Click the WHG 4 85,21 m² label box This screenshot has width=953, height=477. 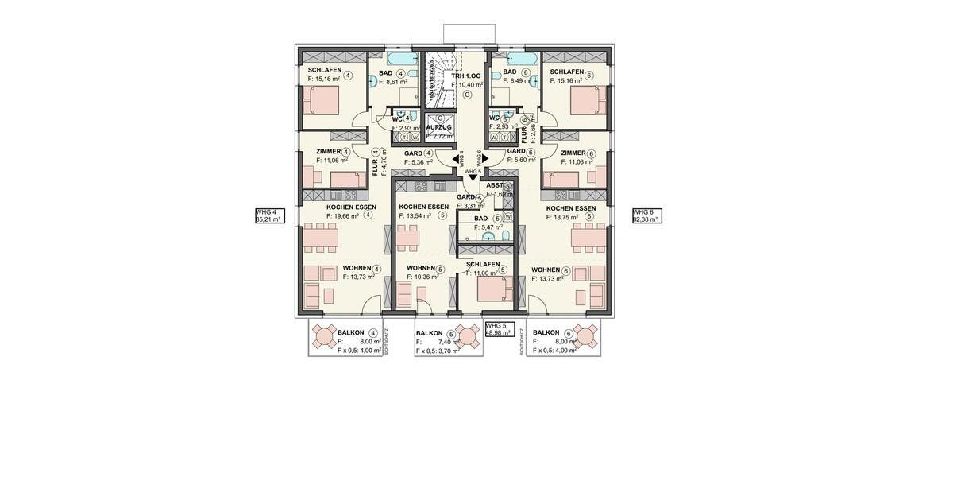[x=267, y=216]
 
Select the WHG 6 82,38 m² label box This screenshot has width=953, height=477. [x=646, y=216]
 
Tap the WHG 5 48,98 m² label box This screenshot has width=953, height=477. [x=500, y=330]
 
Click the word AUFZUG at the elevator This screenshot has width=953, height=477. [x=439, y=127]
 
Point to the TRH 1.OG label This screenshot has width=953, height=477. [x=466, y=75]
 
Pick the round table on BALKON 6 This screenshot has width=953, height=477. [x=586, y=336]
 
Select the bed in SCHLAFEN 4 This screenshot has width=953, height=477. [x=320, y=101]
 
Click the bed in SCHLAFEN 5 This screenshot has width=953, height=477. [x=496, y=288]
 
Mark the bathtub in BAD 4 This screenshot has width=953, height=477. [x=403, y=58]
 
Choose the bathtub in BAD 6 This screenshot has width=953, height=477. [x=523, y=58]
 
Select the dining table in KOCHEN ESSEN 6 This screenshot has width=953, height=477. [x=588, y=236]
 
